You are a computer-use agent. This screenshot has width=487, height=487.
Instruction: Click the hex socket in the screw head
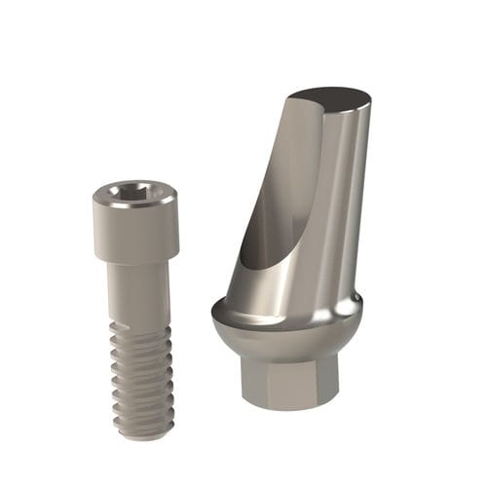[x=135, y=192]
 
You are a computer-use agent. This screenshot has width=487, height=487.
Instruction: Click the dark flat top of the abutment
[x=331, y=98]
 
